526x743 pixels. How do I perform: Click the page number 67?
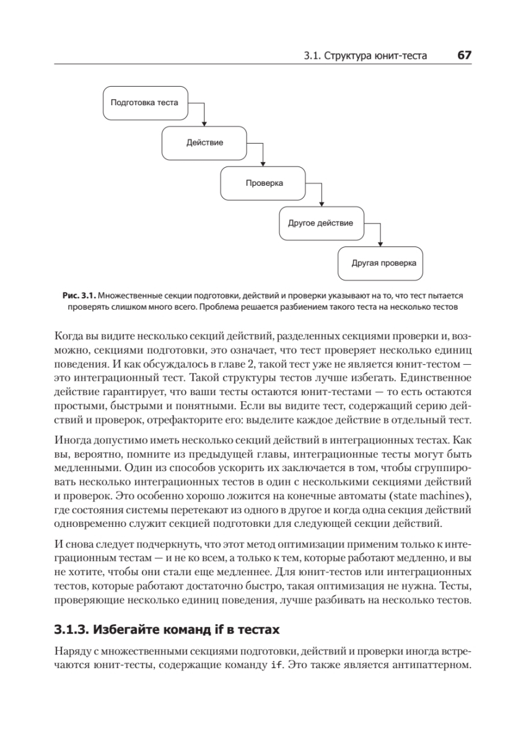pyautogui.click(x=465, y=55)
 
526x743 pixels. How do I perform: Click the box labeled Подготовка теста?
pyautogui.click(x=144, y=103)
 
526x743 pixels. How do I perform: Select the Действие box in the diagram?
pyautogui.click(x=204, y=142)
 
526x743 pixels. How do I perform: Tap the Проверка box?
pyautogui.click(x=264, y=183)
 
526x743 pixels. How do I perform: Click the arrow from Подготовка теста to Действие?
pyautogui.click(x=204, y=115)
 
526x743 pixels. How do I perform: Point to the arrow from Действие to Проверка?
pyautogui.click(x=263, y=155)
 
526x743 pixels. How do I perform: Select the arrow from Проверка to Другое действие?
pyautogui.click(x=322, y=195)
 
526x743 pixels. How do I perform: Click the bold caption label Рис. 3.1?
pyautogui.click(x=79, y=296)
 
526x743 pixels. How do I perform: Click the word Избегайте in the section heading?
pyautogui.click(x=128, y=630)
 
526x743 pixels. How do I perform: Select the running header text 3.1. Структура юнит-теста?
pyautogui.click(x=366, y=56)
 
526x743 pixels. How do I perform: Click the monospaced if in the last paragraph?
pyautogui.click(x=278, y=666)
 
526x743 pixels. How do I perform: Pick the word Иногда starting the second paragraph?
pyautogui.click(x=73, y=439)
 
